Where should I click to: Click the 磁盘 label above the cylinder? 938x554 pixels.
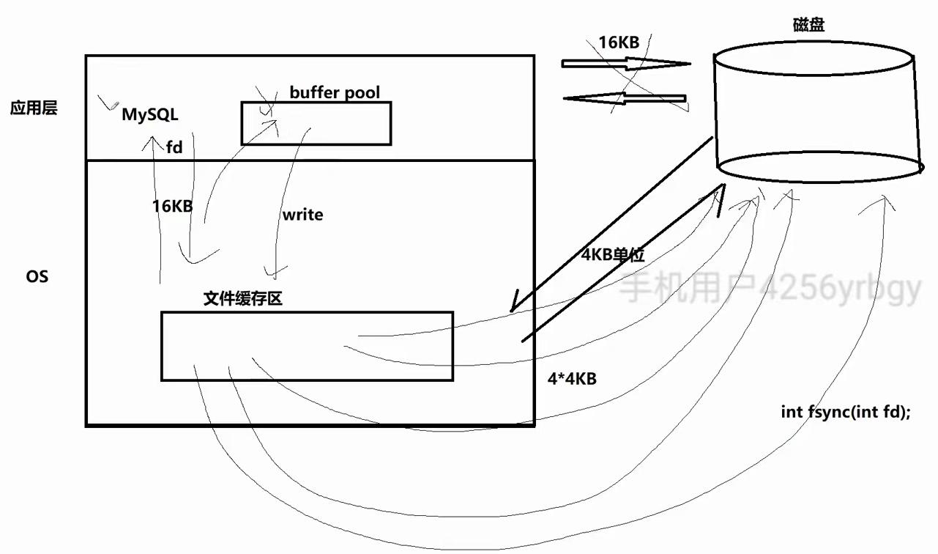point(808,26)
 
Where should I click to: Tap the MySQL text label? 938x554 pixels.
point(149,115)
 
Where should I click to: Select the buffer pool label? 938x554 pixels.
point(335,92)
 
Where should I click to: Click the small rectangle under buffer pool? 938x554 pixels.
point(316,123)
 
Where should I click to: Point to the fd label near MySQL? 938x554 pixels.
point(174,147)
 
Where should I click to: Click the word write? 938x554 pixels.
point(302,215)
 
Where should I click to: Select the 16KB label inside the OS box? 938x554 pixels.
point(172,206)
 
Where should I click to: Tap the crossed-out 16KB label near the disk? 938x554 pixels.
point(619,43)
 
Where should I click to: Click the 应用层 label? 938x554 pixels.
point(33,108)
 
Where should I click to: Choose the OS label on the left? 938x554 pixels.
point(37,277)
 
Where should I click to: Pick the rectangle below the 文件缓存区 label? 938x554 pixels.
point(307,346)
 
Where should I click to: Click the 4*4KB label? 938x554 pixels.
point(572,379)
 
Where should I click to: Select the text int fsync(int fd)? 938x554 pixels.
point(846,412)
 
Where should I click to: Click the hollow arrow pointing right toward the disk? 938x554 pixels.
point(626,64)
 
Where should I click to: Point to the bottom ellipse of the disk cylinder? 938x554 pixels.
point(819,166)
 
